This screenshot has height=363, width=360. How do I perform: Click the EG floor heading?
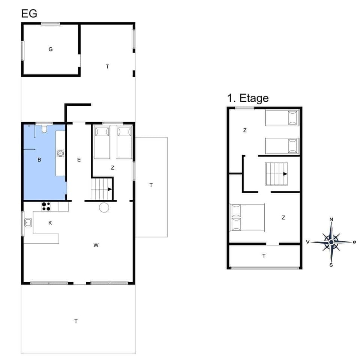click(x=29, y=14)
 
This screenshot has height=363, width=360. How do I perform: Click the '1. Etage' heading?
click(x=247, y=98)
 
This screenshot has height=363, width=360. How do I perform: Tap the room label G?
click(x=50, y=49)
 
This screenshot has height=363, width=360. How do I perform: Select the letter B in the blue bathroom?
click(x=39, y=160)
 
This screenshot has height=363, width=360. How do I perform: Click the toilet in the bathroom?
click(x=44, y=129)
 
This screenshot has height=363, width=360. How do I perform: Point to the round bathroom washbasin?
click(x=60, y=153)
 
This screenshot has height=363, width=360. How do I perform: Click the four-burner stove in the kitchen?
click(x=46, y=206)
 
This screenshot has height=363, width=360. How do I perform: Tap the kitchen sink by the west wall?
click(x=28, y=223)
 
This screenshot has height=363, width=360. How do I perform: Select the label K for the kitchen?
click(x=50, y=223)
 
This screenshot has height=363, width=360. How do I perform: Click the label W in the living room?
click(x=96, y=245)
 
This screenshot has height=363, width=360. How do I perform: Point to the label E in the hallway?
click(x=79, y=160)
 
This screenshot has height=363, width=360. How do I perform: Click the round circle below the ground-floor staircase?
click(x=104, y=207)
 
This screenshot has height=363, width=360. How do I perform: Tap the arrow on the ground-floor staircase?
click(x=109, y=189)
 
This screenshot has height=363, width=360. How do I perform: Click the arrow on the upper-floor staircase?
click(x=285, y=174)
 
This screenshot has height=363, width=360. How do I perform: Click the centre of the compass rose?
click(x=331, y=242)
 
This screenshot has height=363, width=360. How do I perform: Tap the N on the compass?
click(x=331, y=220)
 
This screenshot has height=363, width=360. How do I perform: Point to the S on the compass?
click(x=331, y=265)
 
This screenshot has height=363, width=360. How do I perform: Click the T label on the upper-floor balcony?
click(x=264, y=256)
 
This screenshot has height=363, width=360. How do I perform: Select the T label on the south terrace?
click(x=76, y=321)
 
